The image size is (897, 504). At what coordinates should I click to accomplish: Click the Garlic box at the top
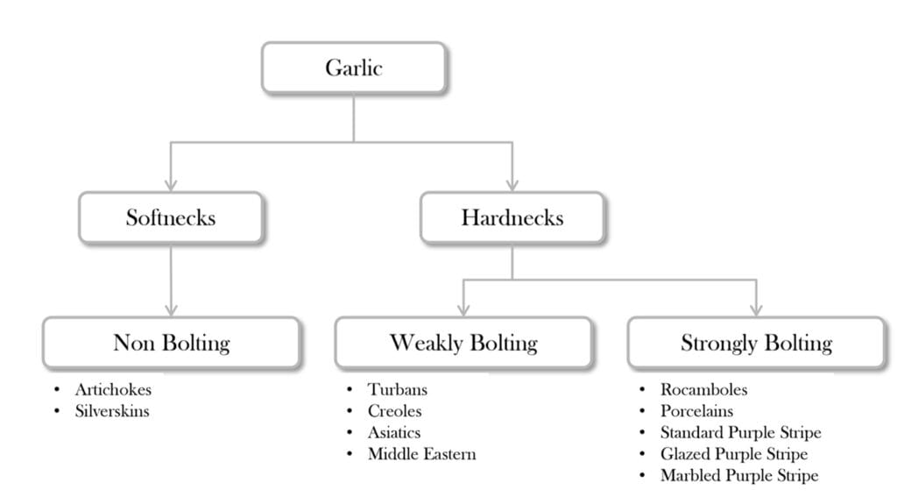point(354,67)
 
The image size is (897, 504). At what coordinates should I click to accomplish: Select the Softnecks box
point(170,217)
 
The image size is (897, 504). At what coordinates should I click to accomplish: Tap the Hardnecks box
point(512,217)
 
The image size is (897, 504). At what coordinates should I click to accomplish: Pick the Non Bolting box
point(171,342)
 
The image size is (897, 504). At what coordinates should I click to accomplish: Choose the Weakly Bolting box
point(463,342)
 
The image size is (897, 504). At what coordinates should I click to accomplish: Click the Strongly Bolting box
point(756,342)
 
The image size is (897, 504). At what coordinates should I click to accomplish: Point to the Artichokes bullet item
point(112,389)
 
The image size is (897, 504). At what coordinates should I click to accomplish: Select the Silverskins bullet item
point(112,411)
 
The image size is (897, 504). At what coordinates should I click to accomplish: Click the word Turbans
point(398,389)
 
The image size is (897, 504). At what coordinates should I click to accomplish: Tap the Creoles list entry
point(394,411)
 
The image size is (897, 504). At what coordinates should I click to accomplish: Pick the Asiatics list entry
point(394,432)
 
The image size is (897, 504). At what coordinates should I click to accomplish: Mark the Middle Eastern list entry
point(421,454)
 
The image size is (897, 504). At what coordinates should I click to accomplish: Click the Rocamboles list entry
point(704,389)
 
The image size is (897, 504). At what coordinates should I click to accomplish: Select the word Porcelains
point(697,411)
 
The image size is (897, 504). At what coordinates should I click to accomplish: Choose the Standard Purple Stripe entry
point(740,432)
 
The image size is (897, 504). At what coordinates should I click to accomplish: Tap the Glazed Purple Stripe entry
point(734,454)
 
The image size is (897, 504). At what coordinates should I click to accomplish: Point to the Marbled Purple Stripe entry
point(738,475)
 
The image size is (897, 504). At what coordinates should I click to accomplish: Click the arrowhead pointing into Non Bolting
point(171,309)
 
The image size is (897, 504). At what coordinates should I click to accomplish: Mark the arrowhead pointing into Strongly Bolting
point(756,309)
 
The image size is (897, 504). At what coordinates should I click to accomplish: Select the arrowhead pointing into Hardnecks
point(512,185)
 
